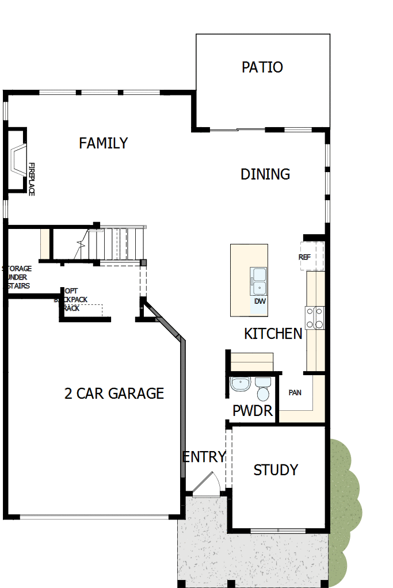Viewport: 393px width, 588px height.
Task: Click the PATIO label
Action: coord(262,67)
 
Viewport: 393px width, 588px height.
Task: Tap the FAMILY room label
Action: coord(104,143)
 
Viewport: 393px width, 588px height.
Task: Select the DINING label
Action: coord(265,174)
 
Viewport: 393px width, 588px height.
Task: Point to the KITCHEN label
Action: coord(273,334)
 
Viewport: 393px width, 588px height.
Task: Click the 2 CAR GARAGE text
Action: coord(114,394)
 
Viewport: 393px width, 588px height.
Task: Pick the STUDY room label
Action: coord(276,470)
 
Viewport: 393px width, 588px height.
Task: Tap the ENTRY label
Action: coord(204,457)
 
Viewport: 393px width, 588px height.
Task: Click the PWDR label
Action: coord(253,411)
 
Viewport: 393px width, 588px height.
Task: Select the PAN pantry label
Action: coord(295,393)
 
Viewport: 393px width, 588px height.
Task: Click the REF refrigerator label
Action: coord(304,257)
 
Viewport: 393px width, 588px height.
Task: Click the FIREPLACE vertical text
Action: coord(32,178)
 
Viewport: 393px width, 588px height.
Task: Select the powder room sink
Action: coord(239,384)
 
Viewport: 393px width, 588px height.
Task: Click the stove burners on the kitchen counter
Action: coord(315,318)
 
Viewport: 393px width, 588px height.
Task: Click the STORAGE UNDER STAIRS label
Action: coord(17,277)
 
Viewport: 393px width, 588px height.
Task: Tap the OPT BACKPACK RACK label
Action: coord(70,299)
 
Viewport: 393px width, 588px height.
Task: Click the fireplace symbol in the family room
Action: coord(18,159)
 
